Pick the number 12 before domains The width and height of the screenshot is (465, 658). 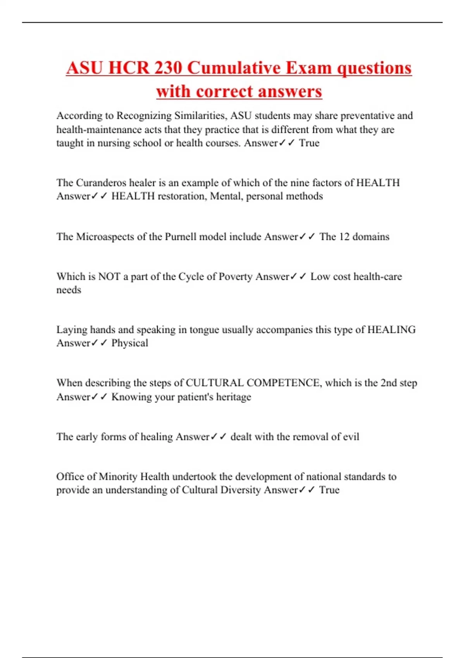click(344, 236)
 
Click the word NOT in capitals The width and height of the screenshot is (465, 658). click(109, 276)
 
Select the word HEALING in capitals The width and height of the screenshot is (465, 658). click(391, 330)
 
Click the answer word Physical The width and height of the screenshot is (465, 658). click(130, 343)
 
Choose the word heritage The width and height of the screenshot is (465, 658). click(233, 397)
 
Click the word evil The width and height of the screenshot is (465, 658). click(351, 437)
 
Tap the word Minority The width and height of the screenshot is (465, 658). click(118, 476)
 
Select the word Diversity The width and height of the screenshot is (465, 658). click(240, 490)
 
